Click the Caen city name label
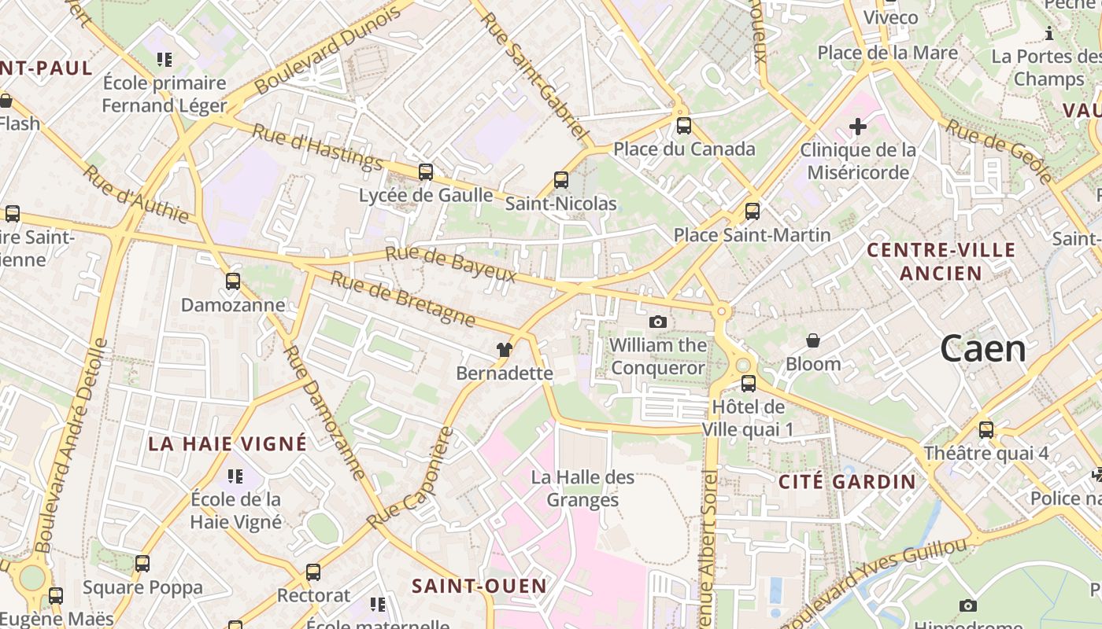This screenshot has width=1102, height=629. tap(983, 349)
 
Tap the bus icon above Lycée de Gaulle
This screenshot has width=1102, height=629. tap(426, 171)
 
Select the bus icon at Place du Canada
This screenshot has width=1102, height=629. tap(684, 126)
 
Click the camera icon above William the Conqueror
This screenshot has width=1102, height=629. tap(658, 322)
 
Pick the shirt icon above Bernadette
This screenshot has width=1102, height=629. tap(505, 350)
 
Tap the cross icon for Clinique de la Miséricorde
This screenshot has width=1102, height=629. tap(858, 126)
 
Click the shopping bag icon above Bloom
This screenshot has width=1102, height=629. tap(813, 340)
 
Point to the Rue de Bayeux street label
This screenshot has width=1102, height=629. tap(450, 264)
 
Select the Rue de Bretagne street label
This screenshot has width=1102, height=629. tap(402, 299)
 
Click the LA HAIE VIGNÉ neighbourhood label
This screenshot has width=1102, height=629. tap(227, 443)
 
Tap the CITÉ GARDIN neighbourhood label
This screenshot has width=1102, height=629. tap(848, 482)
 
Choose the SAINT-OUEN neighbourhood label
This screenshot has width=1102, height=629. tap(479, 586)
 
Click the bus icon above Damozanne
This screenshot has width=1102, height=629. tap(232, 281)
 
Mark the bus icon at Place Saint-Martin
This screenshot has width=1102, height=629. tap(753, 212)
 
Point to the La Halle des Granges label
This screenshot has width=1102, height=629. tap(582, 488)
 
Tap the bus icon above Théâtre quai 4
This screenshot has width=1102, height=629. tap(986, 430)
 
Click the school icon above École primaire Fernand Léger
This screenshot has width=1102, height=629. tap(165, 60)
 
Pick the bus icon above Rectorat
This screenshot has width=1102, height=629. tap(313, 572)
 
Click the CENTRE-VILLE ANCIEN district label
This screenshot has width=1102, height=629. tap(941, 262)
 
